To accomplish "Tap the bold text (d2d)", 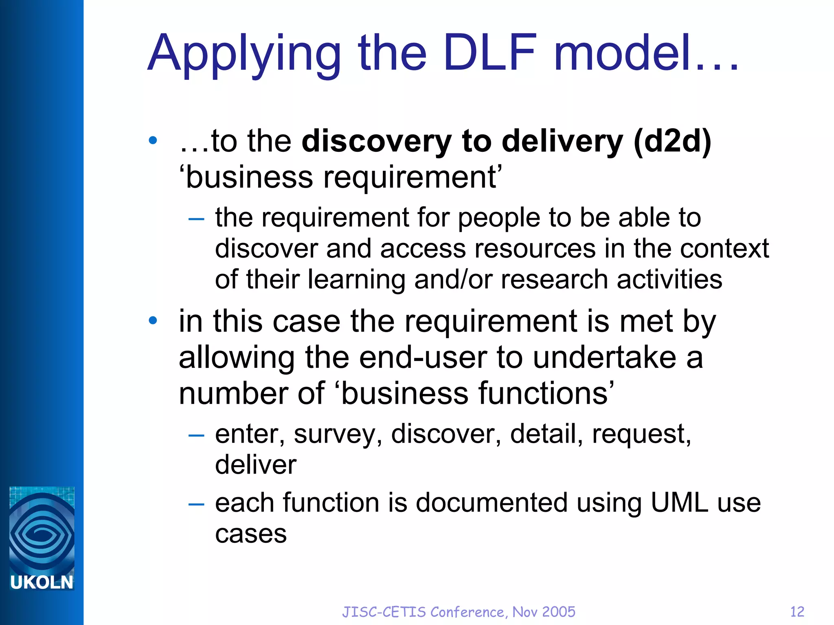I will [x=672, y=141].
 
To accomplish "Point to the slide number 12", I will [x=797, y=612].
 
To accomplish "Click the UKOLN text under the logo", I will [x=42, y=582].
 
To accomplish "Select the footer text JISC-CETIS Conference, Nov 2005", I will [x=459, y=612].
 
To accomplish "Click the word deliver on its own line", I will [x=256, y=465].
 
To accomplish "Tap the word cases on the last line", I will [x=251, y=534].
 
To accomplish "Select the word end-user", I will [x=423, y=357].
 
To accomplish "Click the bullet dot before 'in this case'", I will [x=153, y=321].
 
